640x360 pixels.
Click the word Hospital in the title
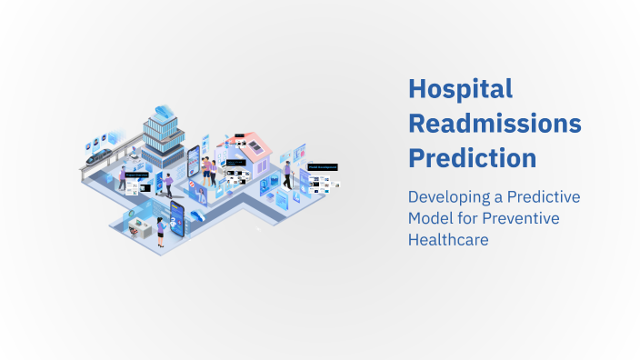point(460,89)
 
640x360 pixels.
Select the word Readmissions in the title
point(495,123)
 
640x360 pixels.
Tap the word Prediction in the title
point(472,156)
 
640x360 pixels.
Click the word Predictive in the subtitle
point(540,197)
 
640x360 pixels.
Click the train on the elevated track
point(96,156)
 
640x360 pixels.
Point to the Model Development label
point(323,167)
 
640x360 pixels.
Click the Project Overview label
point(135,175)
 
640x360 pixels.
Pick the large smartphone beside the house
point(194,164)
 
